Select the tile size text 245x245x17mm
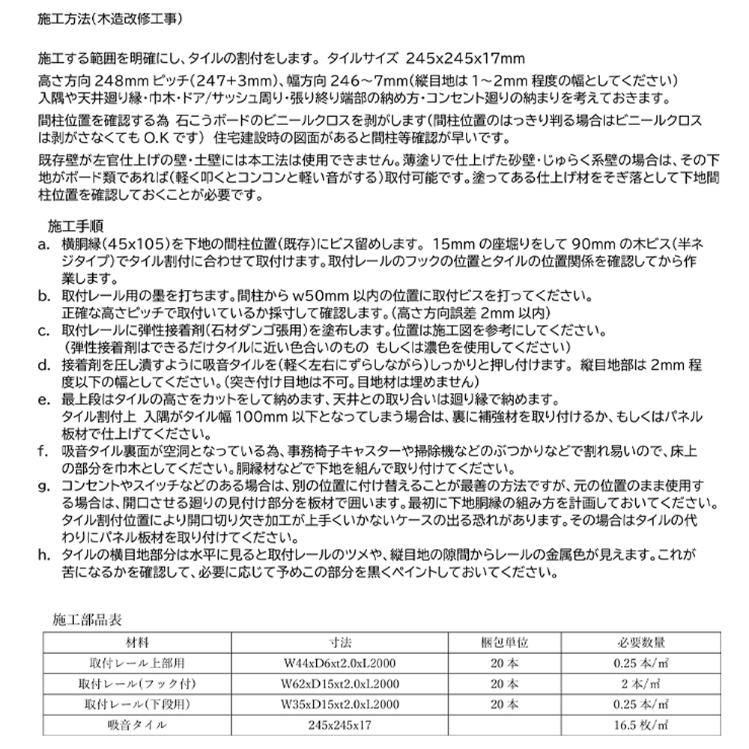(x=466, y=58)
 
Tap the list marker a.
(x=43, y=244)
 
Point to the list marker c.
(x=43, y=330)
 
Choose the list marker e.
(x=43, y=399)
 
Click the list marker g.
(x=43, y=486)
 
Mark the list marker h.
(x=43, y=555)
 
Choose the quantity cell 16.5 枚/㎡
(x=642, y=725)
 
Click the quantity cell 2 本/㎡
(x=642, y=684)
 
